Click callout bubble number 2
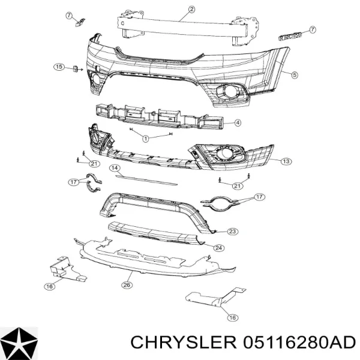click(191, 10)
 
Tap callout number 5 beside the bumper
click(295, 75)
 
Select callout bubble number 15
click(59, 67)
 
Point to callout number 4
click(238, 123)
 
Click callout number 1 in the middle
click(146, 139)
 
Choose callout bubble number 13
click(286, 161)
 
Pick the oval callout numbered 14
click(115, 168)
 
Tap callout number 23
click(232, 232)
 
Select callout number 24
click(218, 248)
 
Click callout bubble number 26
click(127, 285)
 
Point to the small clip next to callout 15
click(76, 68)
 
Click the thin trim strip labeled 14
click(146, 180)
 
